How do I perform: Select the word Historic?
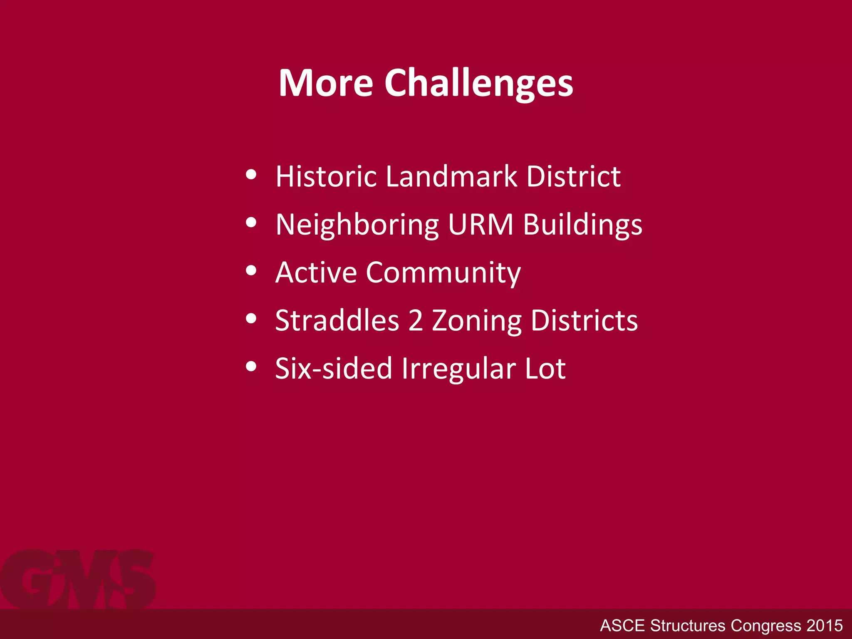[326, 176]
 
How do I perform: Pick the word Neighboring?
[357, 225]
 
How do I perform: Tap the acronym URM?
[481, 225]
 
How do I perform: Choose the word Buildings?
[582, 225]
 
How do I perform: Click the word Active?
[316, 273]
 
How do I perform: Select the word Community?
[443, 273]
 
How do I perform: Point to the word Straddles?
[337, 321]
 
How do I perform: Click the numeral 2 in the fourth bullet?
[415, 321]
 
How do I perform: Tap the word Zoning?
[477, 321]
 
